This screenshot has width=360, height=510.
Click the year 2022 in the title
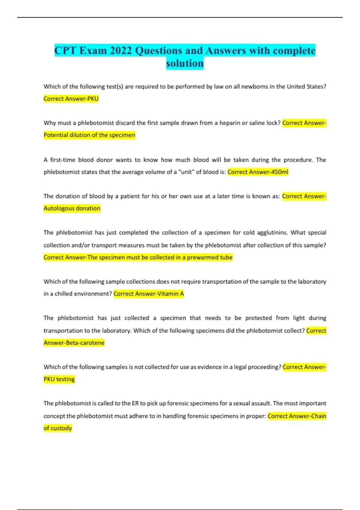click(121, 50)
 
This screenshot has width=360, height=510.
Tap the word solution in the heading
click(185, 63)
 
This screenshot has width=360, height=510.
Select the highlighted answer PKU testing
click(59, 379)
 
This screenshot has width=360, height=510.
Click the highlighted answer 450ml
click(279, 172)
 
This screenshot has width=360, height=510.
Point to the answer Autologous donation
click(72, 208)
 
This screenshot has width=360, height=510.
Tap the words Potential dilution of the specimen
click(89, 135)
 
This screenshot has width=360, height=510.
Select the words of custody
click(58, 428)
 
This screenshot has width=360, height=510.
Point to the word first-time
click(62, 160)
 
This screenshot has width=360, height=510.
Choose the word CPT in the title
click(65, 50)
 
